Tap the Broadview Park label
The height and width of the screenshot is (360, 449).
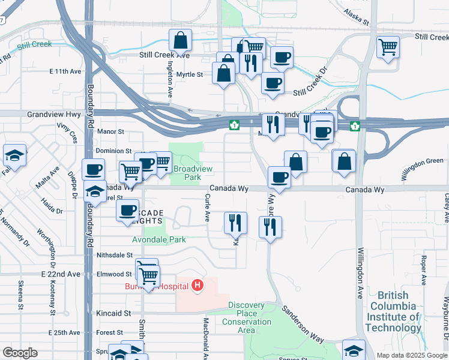187,173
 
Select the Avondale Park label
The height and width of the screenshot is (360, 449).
159,239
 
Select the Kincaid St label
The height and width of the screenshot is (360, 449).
113,313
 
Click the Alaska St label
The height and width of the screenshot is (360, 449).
357,16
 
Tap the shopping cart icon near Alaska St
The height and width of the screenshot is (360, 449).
388,46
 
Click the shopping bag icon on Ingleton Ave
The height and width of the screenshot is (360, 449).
181,42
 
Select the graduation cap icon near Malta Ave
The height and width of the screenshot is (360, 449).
14,156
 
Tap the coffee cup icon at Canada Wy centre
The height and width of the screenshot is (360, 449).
280,177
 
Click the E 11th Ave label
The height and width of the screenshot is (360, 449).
65,71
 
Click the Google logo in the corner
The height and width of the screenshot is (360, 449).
20,353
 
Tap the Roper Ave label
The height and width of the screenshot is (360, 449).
423,271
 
